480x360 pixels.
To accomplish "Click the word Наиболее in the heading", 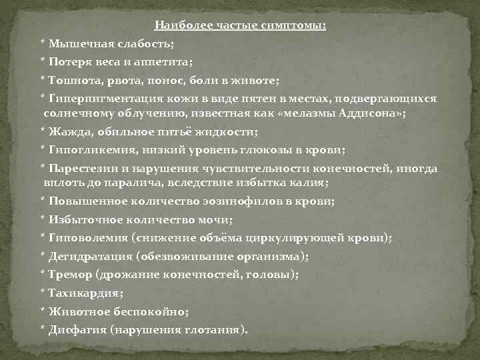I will (178, 26).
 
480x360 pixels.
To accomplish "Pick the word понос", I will (169, 80).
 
